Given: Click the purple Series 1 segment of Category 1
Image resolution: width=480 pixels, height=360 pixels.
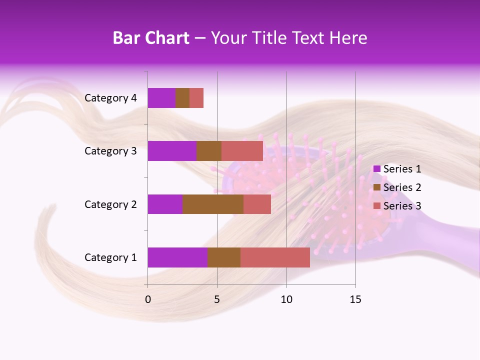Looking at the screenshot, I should pyautogui.click(x=177, y=257).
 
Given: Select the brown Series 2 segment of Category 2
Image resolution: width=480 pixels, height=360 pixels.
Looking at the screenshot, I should pyautogui.click(x=213, y=204).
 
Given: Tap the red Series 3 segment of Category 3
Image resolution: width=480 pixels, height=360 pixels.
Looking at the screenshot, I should pyautogui.click(x=242, y=151).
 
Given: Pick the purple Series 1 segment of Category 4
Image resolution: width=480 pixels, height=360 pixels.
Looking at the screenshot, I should pyautogui.click(x=161, y=98).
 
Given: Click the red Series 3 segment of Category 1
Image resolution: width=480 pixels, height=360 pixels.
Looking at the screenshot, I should pyautogui.click(x=275, y=257).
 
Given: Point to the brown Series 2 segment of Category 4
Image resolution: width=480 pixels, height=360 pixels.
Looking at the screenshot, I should pyautogui.click(x=182, y=98).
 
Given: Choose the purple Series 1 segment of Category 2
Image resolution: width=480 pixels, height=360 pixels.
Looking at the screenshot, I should pyautogui.click(x=165, y=204).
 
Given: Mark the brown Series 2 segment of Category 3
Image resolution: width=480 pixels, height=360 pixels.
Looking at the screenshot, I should pyautogui.click(x=209, y=151).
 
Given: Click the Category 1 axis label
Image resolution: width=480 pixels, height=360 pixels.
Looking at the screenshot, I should pyautogui.click(x=110, y=257).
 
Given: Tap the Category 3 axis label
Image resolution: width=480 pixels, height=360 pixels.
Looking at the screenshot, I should pyautogui.click(x=110, y=151).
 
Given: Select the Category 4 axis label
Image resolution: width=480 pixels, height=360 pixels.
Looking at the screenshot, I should pyautogui.click(x=110, y=98).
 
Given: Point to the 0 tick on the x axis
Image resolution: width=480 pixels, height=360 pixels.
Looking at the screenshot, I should pyautogui.click(x=148, y=299).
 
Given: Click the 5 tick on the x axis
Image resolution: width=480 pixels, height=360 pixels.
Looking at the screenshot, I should pyautogui.click(x=217, y=299).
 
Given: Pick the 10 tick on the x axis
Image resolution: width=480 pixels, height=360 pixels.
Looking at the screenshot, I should pyautogui.click(x=286, y=299).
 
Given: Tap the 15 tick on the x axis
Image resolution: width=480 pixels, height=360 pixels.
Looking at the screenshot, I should pyautogui.click(x=355, y=299).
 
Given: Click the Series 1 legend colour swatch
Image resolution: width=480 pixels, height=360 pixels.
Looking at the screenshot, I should pyautogui.click(x=376, y=169).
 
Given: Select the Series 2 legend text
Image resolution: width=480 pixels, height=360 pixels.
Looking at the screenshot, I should pyautogui.click(x=402, y=187).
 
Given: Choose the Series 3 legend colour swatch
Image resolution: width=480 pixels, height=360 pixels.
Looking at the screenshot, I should pyautogui.click(x=376, y=206).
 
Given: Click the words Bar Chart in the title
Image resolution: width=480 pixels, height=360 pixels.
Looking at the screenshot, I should pyautogui.click(x=151, y=38).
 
